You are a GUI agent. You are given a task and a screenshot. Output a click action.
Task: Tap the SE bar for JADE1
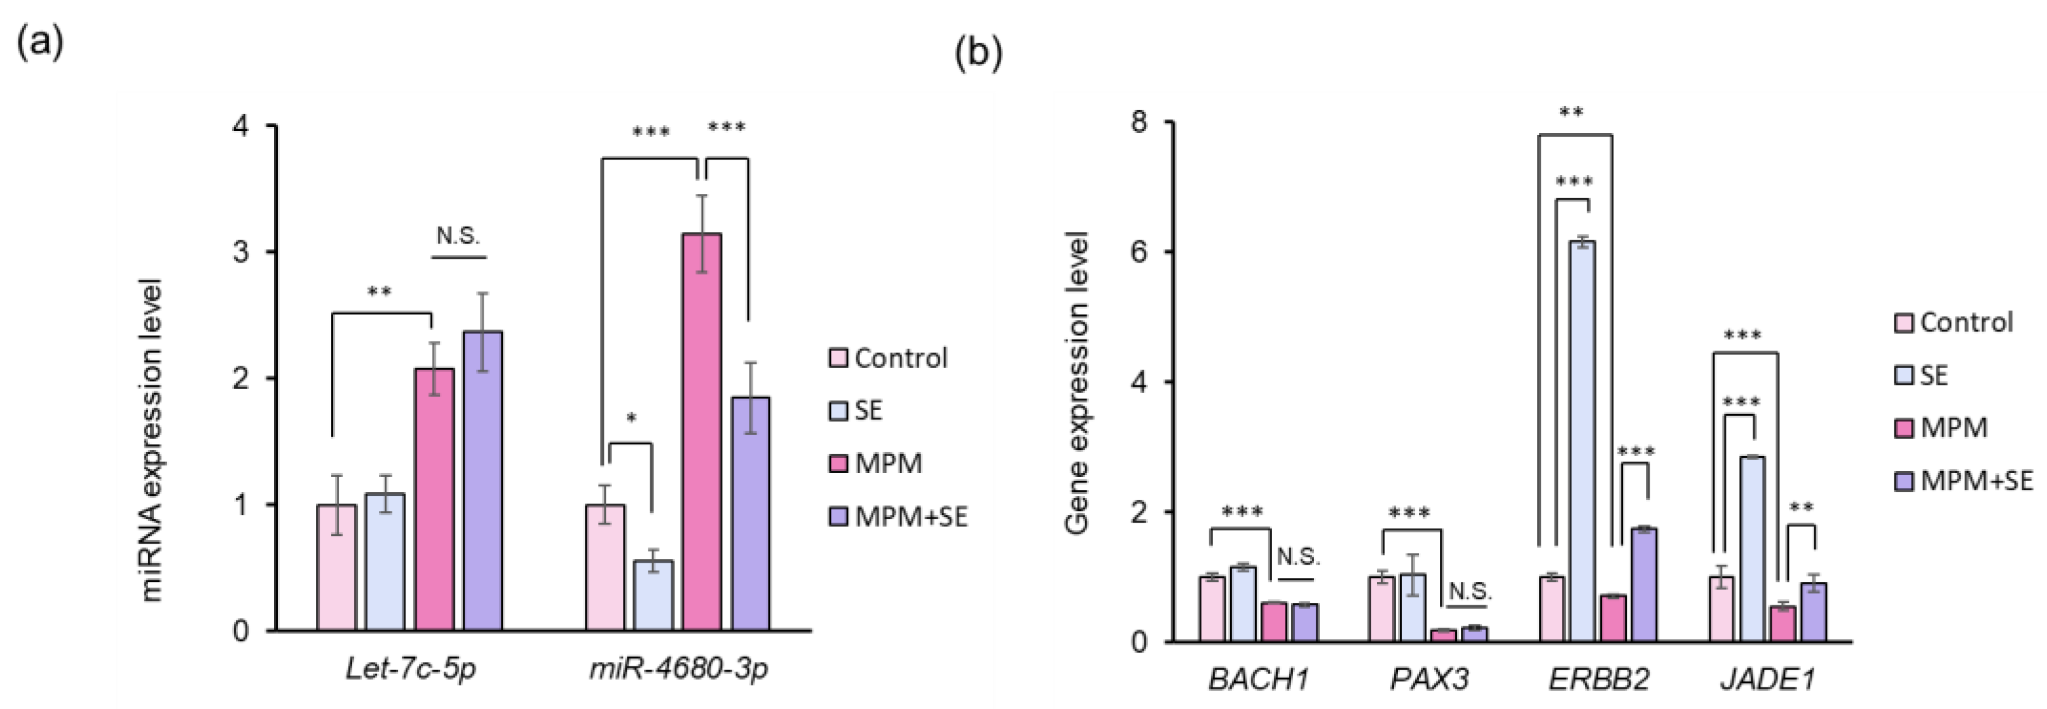(x=1752, y=548)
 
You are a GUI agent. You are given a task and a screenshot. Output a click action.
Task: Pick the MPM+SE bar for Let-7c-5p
(x=483, y=481)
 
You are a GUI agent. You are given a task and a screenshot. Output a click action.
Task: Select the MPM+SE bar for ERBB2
(x=1643, y=584)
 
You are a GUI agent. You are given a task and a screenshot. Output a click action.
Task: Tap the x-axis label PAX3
(x=1429, y=680)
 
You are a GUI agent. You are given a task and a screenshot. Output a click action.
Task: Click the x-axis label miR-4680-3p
(x=679, y=669)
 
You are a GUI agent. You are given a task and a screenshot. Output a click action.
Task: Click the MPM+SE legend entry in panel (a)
(x=898, y=516)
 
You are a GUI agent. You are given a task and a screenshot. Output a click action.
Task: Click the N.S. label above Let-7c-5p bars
(x=458, y=235)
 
